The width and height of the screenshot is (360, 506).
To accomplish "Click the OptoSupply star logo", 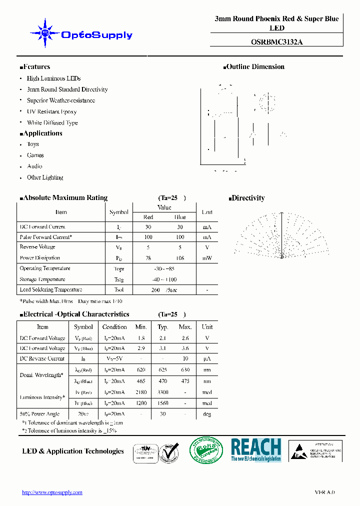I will pos(45,33).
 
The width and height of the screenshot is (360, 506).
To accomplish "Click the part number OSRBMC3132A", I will pos(276,42).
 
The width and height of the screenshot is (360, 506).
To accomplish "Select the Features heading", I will pos(35,66).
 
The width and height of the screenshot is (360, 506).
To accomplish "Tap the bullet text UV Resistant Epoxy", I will pos(51,111).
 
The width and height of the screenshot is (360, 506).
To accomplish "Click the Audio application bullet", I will pos(34,166).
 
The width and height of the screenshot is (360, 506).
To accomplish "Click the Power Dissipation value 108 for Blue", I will pos(180,258).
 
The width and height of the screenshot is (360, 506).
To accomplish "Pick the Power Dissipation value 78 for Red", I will pos(148,258).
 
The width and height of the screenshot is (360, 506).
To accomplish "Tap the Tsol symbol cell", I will pos(119,290).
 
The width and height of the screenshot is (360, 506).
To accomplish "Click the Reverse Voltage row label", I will pos(37,247).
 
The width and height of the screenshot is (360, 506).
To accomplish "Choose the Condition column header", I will pos(114,327).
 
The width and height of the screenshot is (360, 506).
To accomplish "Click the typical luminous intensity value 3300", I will pos(163,392).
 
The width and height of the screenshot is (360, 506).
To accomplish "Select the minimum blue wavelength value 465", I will pos(141,381).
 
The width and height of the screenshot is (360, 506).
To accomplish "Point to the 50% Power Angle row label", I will pos(39,414).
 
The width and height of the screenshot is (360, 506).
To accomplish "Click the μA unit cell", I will pos(207,358).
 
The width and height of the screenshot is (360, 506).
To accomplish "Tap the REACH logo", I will pos(256,449).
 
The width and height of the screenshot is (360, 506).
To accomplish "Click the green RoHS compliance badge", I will pos(206,450).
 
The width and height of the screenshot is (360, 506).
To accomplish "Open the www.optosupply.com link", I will pos(52,492).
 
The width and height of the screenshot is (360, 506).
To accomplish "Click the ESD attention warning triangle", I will pos(299,450).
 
